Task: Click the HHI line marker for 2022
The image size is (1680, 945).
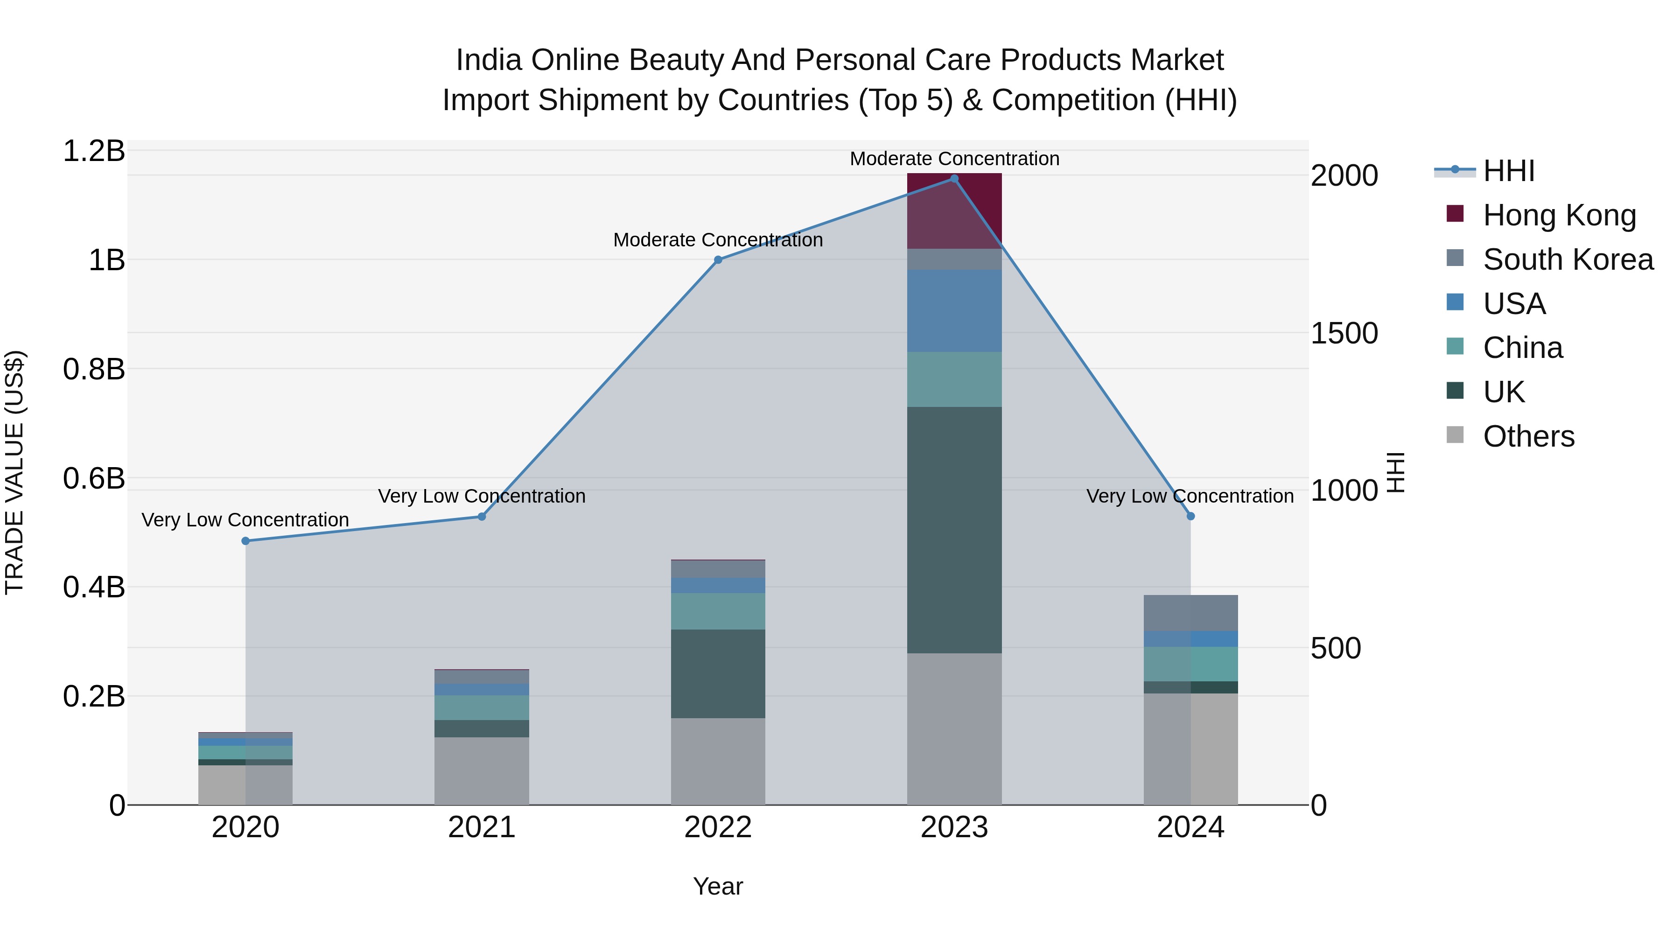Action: click(718, 259)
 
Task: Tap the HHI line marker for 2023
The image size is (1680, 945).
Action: click(954, 179)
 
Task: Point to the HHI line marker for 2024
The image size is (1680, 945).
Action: click(1191, 516)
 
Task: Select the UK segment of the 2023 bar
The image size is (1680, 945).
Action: click(954, 530)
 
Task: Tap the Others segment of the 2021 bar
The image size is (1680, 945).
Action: click(482, 771)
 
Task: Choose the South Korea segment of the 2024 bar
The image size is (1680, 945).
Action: click(1191, 613)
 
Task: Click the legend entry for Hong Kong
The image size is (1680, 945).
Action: click(1559, 215)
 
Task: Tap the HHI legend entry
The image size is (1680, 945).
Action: click(1508, 171)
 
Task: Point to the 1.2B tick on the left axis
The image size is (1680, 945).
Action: click(94, 151)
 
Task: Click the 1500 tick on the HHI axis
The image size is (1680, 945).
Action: click(1344, 333)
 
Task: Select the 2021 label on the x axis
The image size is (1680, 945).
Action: click(482, 827)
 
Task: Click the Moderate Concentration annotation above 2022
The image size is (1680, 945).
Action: click(718, 240)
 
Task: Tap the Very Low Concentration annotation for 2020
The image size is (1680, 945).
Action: click(245, 520)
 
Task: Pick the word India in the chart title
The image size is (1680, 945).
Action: click(489, 60)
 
